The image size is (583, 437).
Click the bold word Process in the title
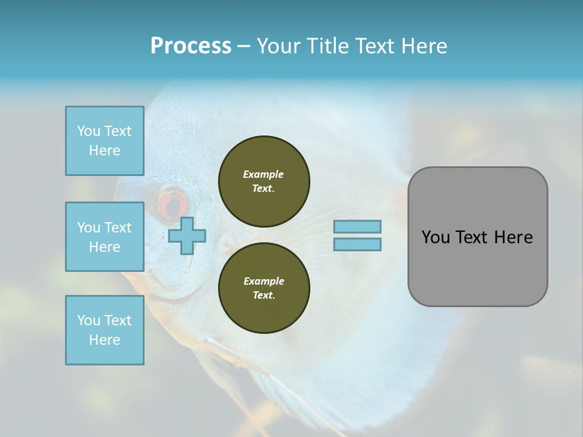click(x=191, y=46)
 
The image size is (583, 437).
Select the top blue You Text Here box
click(x=104, y=141)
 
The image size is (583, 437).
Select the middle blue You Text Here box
click(x=104, y=237)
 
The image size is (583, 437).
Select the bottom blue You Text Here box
click(x=104, y=330)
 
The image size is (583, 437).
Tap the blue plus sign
click(x=187, y=235)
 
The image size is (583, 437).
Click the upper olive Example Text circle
click(x=264, y=181)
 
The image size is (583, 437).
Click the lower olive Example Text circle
click(x=264, y=288)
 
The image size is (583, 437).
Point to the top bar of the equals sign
click(x=358, y=226)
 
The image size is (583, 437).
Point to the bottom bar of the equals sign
click(x=358, y=244)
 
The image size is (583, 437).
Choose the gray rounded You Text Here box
click(x=477, y=237)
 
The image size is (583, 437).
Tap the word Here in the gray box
click(x=513, y=237)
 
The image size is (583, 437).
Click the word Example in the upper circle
click(x=264, y=174)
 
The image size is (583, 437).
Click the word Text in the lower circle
click(x=264, y=296)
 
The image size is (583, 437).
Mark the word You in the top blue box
click(x=89, y=131)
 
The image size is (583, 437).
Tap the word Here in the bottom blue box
click(x=104, y=340)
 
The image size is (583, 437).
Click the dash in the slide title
click(x=244, y=46)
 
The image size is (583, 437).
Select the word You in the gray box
click(x=435, y=237)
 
